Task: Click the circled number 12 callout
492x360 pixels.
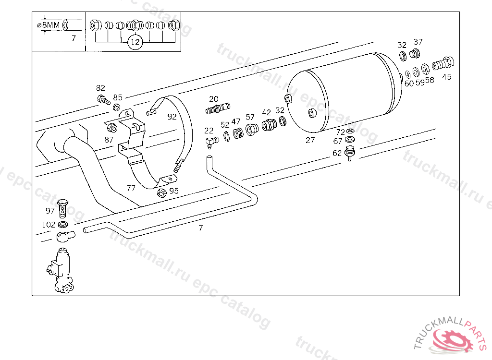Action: tap(135, 42)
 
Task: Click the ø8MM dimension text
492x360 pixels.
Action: tap(48, 25)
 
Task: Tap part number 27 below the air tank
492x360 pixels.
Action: tap(310, 140)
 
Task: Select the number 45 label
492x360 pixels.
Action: tap(447, 77)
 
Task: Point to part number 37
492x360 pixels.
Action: tap(418, 42)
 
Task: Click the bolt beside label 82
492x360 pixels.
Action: tap(104, 100)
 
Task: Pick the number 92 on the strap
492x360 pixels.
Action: tap(172, 117)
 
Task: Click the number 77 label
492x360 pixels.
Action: tap(131, 188)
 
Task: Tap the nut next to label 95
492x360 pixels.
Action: tap(162, 193)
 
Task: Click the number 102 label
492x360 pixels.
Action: tap(49, 224)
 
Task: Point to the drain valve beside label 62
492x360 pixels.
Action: tap(350, 155)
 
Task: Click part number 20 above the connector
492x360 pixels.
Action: tap(214, 99)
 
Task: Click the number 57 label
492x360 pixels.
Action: tap(250, 117)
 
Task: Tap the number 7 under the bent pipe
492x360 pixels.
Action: tap(201, 228)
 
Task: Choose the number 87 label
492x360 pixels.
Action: tap(109, 140)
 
